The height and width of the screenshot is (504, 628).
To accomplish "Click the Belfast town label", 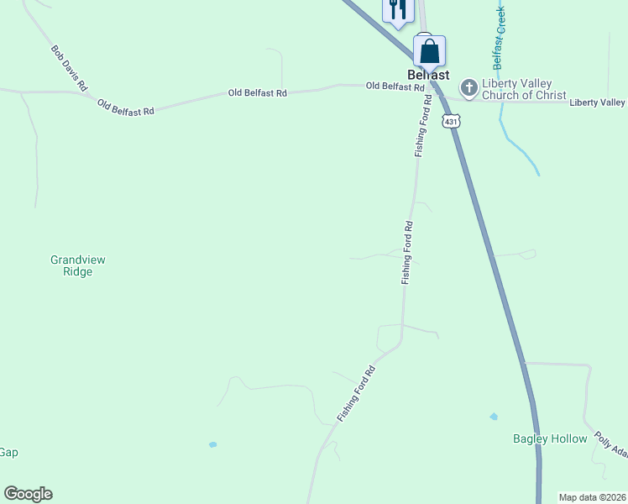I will click(428, 74).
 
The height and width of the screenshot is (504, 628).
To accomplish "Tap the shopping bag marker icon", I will click(429, 50).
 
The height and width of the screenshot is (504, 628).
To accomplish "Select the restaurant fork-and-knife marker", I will click(396, 9).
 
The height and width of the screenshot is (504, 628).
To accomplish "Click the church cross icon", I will click(468, 86).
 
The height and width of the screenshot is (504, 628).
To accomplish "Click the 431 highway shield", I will click(452, 122).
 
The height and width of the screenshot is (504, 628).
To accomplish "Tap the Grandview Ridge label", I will click(78, 265).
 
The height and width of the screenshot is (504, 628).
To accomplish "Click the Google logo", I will click(28, 494).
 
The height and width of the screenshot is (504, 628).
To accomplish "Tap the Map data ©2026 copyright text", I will click(591, 497).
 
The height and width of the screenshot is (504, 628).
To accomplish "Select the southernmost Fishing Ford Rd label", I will click(354, 392).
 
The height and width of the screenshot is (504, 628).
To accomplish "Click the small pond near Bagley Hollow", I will click(494, 417).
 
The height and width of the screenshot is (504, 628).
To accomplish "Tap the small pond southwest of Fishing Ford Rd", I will click(213, 444).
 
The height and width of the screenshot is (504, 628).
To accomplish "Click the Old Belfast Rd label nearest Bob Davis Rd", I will click(126, 107).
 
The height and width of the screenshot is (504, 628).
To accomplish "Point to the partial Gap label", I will click(8, 452).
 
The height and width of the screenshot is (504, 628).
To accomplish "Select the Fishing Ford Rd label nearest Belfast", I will click(422, 126).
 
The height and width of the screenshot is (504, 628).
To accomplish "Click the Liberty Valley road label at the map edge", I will click(597, 102).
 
